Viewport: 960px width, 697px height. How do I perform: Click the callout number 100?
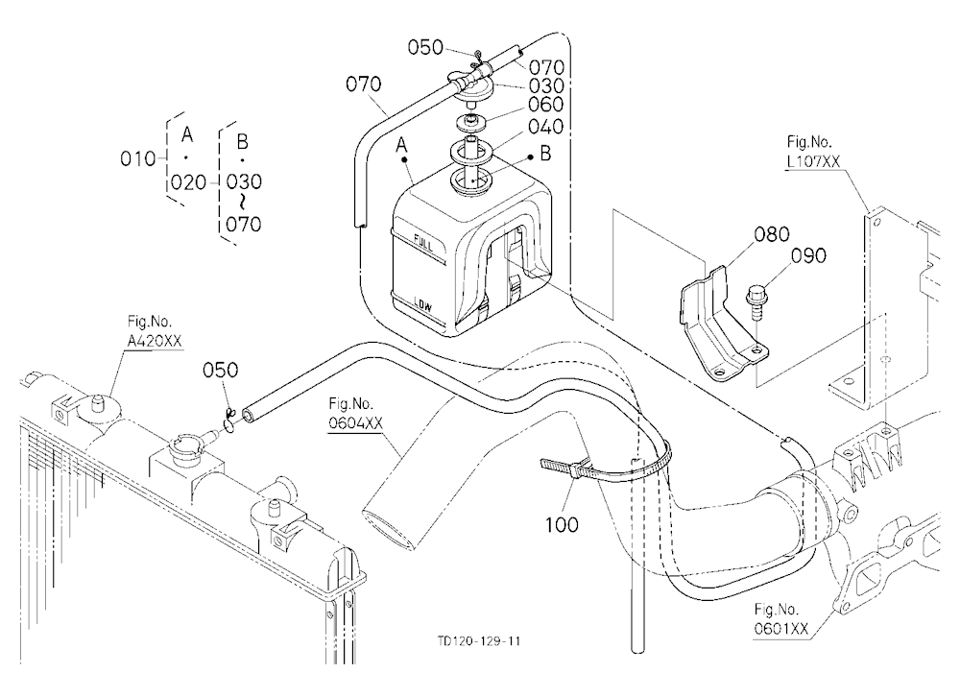click(x=562, y=524)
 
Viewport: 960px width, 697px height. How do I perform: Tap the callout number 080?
click(x=772, y=234)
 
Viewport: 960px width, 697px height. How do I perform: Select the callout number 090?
click(x=808, y=255)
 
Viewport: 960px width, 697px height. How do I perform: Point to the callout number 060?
click(x=545, y=105)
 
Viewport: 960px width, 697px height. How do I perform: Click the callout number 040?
click(x=545, y=127)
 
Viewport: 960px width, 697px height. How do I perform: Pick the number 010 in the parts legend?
click(x=137, y=159)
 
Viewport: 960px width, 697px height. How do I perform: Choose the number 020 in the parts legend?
click(x=188, y=181)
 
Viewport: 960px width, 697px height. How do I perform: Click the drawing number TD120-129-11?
click(x=479, y=641)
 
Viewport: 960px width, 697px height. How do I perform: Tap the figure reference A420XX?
click(x=155, y=341)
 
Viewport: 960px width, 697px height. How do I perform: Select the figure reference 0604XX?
click(x=356, y=423)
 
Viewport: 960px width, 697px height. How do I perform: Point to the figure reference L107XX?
click(x=814, y=161)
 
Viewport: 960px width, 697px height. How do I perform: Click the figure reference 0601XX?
click(x=781, y=629)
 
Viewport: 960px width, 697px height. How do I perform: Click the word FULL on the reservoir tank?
click(x=423, y=243)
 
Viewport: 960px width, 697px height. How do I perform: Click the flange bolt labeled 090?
click(x=755, y=302)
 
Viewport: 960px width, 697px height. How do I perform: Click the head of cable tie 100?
click(x=575, y=470)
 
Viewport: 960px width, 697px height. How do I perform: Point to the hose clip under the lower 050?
click(x=229, y=422)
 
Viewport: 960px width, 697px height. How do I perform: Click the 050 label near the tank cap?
click(x=425, y=47)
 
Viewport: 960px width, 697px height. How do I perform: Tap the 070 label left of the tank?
click(x=363, y=84)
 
